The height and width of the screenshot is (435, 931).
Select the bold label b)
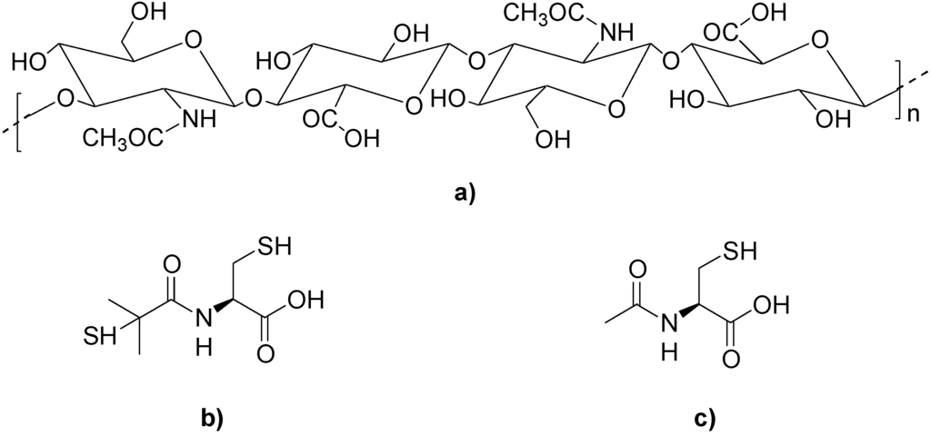click(x=211, y=418)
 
